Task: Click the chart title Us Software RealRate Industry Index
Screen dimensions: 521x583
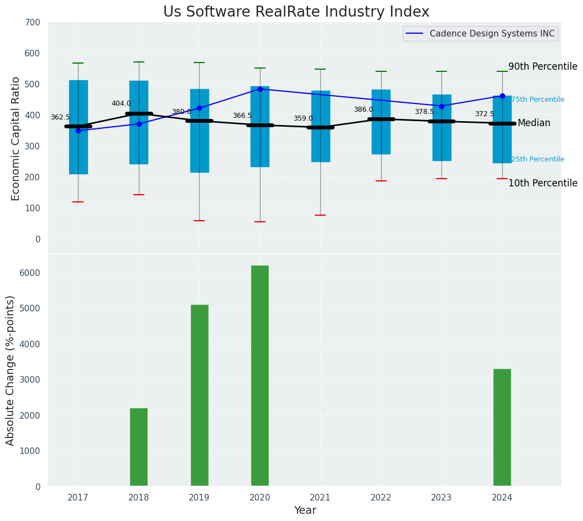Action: pyautogui.click(x=296, y=12)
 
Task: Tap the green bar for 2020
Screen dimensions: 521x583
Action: pyautogui.click(x=260, y=376)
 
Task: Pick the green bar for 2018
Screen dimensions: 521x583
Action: pyautogui.click(x=139, y=447)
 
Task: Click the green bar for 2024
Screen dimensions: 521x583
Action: pyautogui.click(x=502, y=428)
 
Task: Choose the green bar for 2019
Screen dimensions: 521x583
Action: pyautogui.click(x=199, y=395)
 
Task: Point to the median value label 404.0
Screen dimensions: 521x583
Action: pyautogui.click(x=121, y=103)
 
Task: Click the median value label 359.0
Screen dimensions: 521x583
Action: pyautogui.click(x=303, y=118)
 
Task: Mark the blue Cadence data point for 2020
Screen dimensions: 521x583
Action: pyautogui.click(x=260, y=89)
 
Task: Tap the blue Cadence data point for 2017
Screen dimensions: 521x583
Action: pyautogui.click(x=78, y=131)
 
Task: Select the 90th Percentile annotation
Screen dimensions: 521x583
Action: pyautogui.click(x=543, y=66)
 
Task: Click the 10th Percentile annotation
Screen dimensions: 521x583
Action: pyautogui.click(x=543, y=183)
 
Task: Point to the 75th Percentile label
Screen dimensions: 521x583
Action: pyautogui.click(x=538, y=100)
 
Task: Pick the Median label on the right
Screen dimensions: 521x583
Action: pyautogui.click(x=534, y=123)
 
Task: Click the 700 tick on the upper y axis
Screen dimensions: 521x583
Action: pyautogui.click(x=33, y=22)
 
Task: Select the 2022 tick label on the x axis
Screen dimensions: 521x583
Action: pyautogui.click(x=381, y=498)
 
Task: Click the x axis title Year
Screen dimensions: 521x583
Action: pyautogui.click(x=305, y=510)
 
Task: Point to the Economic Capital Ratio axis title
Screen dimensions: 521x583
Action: pyautogui.click(x=15, y=138)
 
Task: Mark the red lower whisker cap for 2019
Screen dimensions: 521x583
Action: pyautogui.click(x=199, y=221)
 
